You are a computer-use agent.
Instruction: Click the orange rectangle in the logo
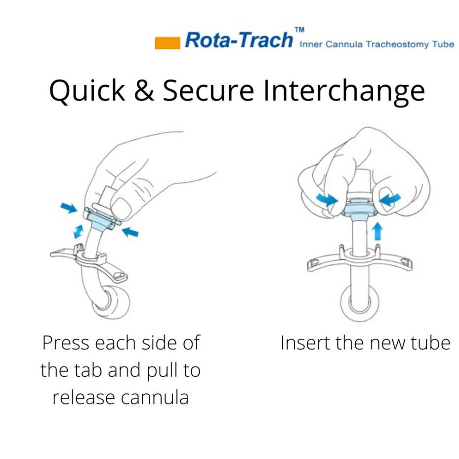(167, 43)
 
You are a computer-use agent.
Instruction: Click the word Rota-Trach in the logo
(239, 40)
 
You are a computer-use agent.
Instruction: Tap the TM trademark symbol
(299, 30)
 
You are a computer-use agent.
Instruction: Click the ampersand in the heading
(144, 90)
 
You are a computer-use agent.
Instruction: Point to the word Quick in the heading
(87, 90)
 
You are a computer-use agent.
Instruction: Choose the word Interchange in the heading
(344, 91)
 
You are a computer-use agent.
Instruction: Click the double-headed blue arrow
(78, 231)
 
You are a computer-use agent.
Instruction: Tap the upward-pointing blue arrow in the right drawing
(377, 231)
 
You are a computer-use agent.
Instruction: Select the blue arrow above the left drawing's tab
(69, 208)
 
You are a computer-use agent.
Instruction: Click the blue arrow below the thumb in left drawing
(129, 232)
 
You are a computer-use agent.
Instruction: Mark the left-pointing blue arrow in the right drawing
(390, 199)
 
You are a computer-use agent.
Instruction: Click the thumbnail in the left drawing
(121, 208)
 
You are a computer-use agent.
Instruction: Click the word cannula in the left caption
(155, 398)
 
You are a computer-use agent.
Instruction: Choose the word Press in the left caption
(66, 343)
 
